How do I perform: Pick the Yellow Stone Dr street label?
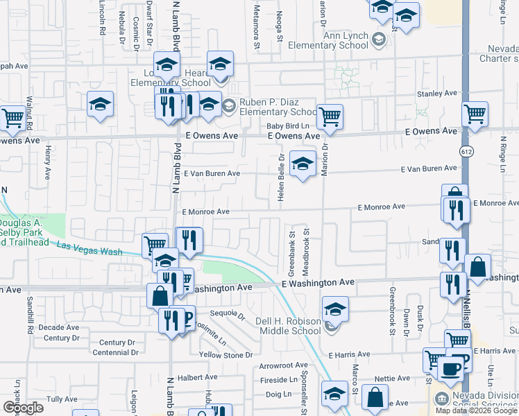[x=226, y=355]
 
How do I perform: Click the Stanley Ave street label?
[x=437, y=93]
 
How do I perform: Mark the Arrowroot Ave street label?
[x=283, y=365]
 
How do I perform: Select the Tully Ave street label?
[x=62, y=399]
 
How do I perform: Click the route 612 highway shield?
[x=465, y=150]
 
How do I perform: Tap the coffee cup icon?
[x=450, y=368]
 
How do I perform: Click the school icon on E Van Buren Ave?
[x=302, y=165]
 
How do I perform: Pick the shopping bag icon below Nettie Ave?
[x=375, y=399]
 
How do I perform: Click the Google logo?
[x=23, y=408]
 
